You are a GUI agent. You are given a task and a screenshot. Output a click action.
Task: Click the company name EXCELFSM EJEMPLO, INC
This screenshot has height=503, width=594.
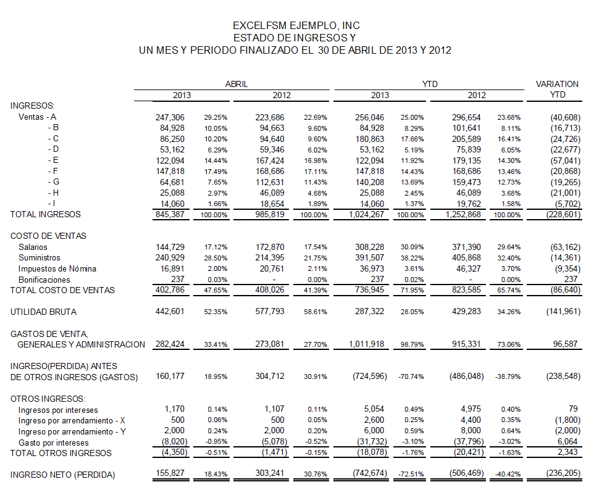[296, 26]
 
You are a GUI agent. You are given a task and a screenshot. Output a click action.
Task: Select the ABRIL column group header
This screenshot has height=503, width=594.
[236, 84]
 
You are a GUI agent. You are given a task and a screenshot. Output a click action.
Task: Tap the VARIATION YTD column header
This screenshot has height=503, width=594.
[557, 89]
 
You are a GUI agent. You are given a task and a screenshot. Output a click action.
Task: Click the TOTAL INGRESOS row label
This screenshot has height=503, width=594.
[46, 214]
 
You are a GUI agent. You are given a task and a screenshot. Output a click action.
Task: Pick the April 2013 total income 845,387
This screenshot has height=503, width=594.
[170, 214]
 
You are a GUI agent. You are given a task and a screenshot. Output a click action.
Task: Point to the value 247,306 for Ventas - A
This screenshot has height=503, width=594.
[170, 117]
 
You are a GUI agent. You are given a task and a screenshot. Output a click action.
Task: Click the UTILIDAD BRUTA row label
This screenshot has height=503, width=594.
[44, 312]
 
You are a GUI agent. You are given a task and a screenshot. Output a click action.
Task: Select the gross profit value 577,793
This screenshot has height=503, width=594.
[270, 311]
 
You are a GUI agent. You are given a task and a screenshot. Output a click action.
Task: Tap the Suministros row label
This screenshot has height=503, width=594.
[40, 257]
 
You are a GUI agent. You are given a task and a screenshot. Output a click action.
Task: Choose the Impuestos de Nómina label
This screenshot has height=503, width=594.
[57, 268]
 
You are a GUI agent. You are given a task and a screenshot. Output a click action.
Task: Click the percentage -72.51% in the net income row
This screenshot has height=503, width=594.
[411, 474]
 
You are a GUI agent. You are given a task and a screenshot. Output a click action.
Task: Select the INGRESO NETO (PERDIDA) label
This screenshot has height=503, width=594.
[62, 475]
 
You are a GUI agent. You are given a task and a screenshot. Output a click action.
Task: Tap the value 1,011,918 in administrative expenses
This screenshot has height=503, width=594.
[366, 344]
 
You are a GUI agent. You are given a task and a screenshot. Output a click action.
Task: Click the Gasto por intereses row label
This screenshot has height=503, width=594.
[54, 443]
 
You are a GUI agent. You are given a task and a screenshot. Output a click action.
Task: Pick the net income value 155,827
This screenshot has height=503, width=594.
[170, 473]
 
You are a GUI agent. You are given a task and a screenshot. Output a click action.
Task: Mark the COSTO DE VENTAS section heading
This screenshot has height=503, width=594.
[48, 236]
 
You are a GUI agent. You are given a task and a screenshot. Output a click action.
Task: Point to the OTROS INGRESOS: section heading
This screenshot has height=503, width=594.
[48, 399]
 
